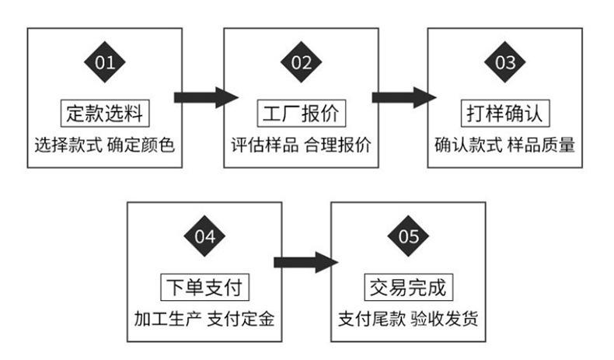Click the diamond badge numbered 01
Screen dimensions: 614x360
point(105,62)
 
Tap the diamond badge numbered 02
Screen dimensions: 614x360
point(301,62)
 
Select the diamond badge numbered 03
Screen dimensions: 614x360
point(504,62)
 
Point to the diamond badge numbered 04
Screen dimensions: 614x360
point(204,236)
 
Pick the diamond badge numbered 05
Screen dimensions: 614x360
point(408,236)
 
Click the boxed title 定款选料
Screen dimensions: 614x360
point(105,114)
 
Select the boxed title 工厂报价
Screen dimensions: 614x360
point(301,114)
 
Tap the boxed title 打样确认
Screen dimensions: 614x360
point(505,114)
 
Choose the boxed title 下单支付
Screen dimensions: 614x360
point(205,287)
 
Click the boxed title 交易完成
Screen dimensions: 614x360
point(408,287)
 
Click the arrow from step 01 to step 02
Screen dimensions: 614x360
point(207,97)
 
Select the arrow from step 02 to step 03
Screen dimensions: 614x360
point(404,97)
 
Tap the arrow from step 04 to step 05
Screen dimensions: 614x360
point(305,263)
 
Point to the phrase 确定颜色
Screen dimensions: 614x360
point(141,145)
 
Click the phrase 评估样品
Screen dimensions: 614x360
point(264,145)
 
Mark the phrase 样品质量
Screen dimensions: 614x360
point(541,145)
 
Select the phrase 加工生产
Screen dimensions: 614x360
point(168,319)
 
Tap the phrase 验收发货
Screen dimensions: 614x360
point(445,319)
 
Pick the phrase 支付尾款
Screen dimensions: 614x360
point(372,319)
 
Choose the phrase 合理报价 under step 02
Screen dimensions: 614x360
point(337,145)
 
